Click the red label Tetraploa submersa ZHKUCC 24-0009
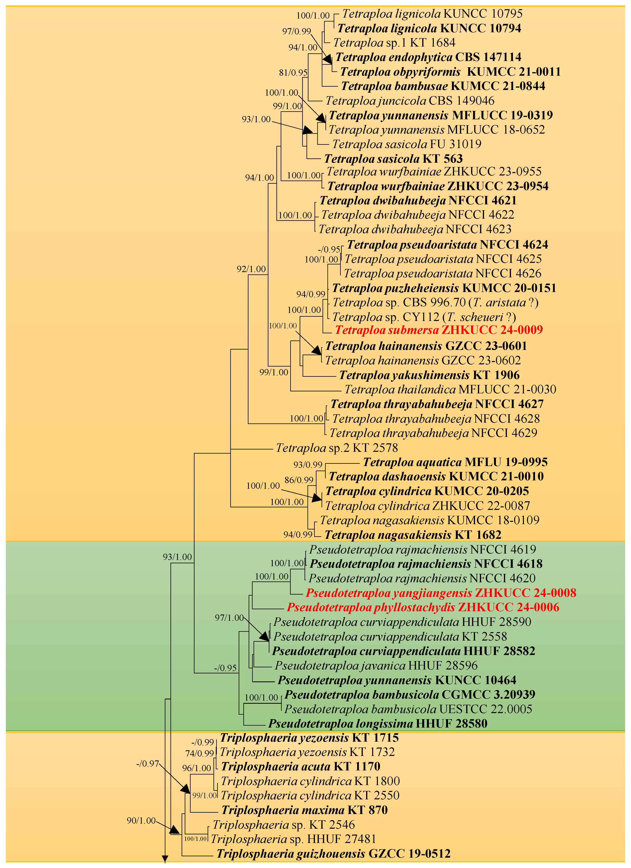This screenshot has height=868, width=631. (439, 330)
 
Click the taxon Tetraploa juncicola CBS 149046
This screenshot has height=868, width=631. (410, 101)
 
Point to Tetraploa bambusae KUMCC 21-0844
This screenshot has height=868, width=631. (443, 86)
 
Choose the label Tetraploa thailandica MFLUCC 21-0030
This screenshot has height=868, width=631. (450, 390)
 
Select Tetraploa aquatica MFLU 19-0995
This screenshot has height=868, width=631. (455, 462)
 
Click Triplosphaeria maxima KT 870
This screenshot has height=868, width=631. (304, 810)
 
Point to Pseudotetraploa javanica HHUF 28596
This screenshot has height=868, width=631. (376, 666)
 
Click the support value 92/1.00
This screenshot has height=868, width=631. (251, 269)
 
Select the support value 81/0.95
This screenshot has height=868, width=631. (293, 72)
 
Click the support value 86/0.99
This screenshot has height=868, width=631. (299, 480)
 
